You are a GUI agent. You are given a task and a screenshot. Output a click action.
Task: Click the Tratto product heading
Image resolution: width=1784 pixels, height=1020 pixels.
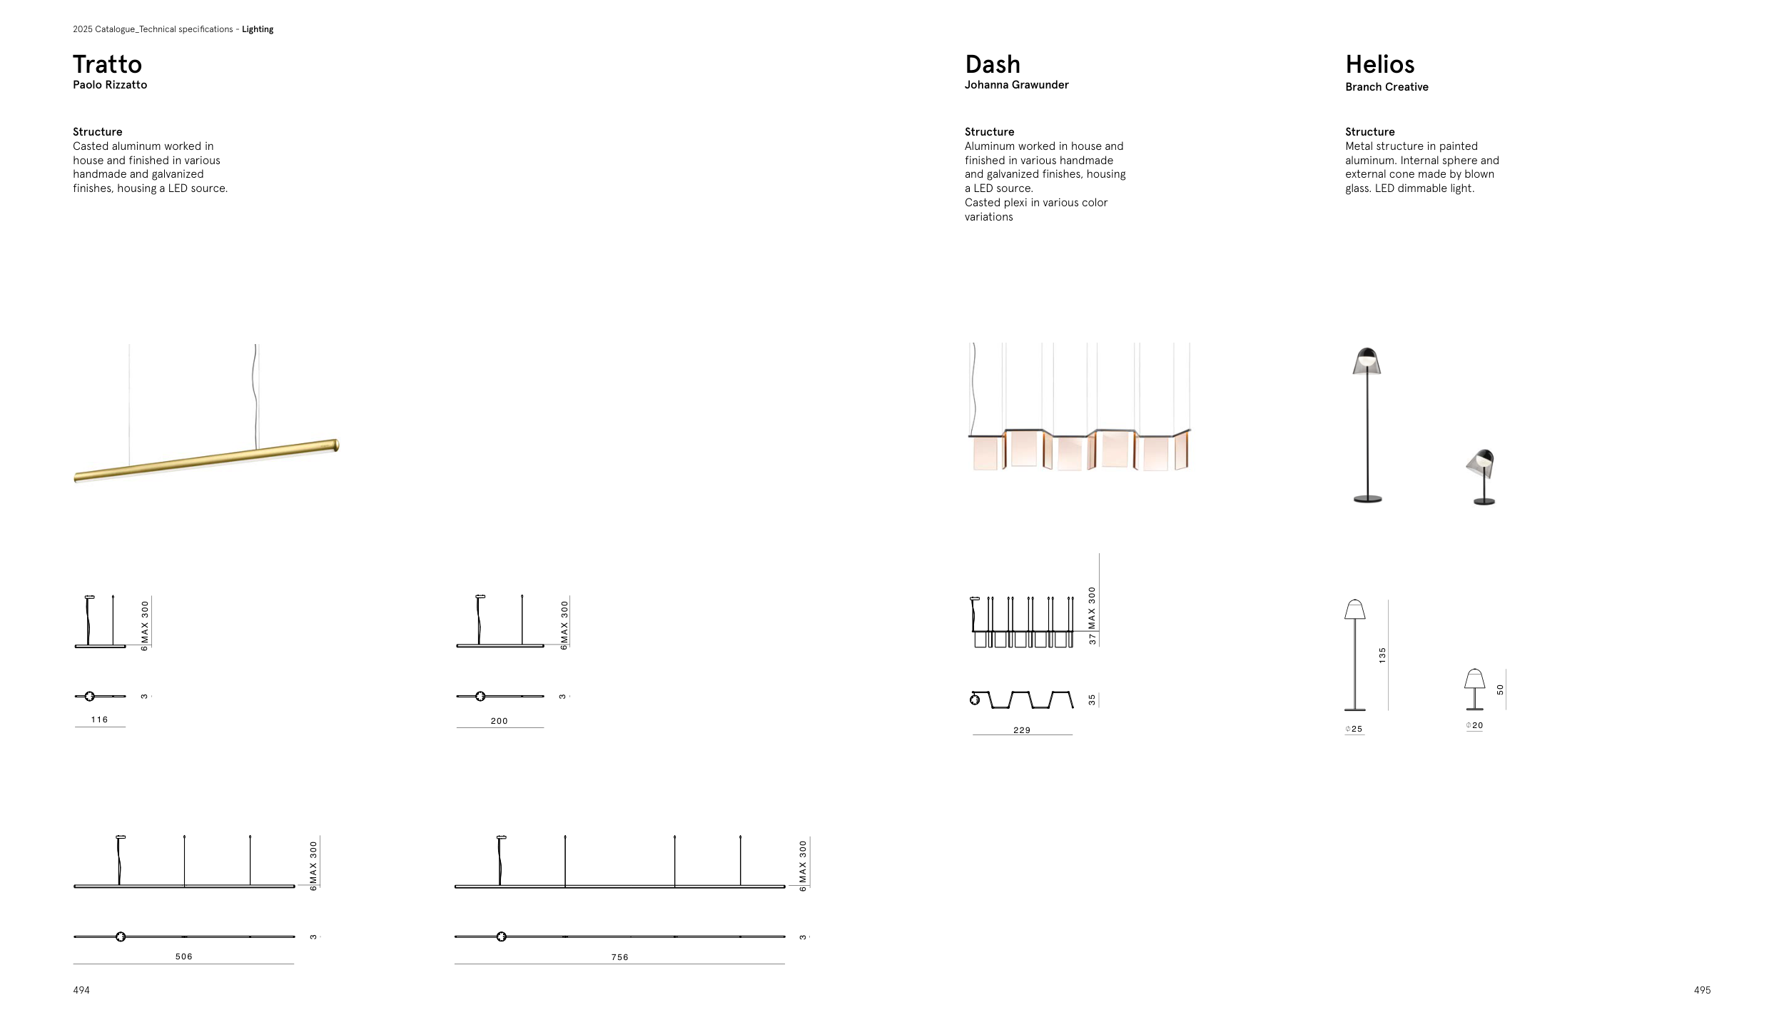107,64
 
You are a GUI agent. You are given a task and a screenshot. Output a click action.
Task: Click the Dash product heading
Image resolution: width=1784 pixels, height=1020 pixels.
992,64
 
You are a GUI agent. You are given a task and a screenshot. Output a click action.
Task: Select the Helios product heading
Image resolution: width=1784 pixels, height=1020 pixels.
1379,64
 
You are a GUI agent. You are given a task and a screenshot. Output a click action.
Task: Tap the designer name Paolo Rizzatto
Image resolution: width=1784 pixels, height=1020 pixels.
110,84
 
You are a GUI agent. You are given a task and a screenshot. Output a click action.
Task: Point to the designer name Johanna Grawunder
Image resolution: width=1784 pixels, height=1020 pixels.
1016,84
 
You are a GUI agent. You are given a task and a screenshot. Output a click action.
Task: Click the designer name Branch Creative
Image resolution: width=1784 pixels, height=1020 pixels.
1387,86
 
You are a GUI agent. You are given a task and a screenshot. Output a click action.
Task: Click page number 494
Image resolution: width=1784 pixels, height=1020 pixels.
81,990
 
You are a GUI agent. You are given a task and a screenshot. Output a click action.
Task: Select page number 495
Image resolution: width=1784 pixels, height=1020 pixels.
1702,990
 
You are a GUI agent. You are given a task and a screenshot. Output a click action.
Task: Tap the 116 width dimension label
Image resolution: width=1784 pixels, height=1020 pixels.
99,719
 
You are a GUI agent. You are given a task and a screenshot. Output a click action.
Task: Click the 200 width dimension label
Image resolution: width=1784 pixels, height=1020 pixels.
499,721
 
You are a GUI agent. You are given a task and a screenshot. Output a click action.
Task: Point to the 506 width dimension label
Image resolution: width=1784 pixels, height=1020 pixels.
183,956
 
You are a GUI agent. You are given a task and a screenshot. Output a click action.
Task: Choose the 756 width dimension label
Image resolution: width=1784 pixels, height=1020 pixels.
619,957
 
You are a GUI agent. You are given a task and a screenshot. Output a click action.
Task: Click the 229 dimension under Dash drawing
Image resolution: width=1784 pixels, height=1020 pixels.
1021,730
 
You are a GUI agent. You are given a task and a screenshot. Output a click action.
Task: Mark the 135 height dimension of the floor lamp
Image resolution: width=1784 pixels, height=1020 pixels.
1382,655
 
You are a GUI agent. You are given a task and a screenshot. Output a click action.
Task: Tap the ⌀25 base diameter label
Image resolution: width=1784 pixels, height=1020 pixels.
1354,729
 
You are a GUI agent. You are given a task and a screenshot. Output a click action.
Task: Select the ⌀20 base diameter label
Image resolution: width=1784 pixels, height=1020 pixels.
1474,725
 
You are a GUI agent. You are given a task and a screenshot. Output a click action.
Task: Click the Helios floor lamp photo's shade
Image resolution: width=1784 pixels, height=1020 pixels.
1367,361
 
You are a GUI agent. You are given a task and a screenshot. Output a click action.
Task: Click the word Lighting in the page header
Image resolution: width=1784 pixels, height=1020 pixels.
257,29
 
